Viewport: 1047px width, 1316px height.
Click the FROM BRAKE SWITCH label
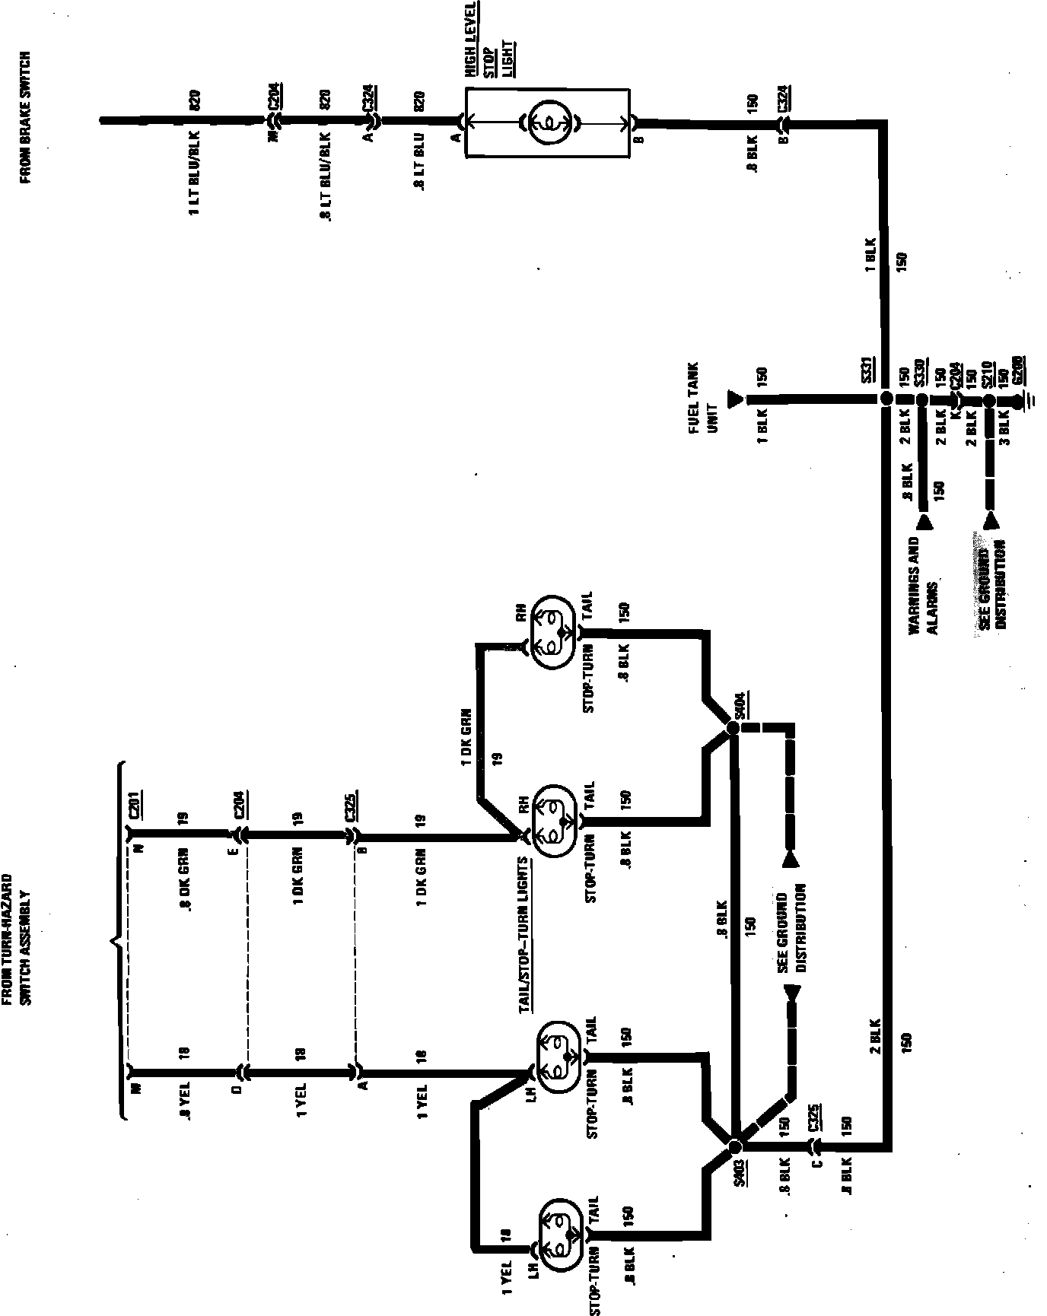pos(25,117)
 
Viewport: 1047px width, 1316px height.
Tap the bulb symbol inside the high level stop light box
pos(546,122)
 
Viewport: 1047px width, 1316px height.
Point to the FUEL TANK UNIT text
pos(702,397)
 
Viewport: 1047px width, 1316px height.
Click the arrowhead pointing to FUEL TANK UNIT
pos(734,399)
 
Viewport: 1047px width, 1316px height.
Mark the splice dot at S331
pos(885,399)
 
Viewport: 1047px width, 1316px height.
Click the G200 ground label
pos(1017,371)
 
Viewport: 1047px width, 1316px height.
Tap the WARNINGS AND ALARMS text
pos(924,586)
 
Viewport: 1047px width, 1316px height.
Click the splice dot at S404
pos(733,728)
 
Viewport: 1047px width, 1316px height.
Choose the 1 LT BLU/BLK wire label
pos(196,173)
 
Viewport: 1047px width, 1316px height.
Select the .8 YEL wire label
pos(185,1102)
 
